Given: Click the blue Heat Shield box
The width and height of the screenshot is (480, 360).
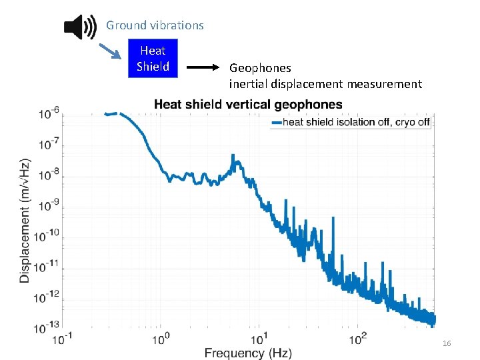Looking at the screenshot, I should click(x=153, y=59).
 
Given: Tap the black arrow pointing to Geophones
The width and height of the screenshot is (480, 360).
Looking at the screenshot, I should click(x=203, y=67).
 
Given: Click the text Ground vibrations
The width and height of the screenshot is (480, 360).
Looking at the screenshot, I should click(x=155, y=25).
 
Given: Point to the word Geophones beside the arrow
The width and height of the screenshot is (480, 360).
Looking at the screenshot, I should click(x=260, y=67).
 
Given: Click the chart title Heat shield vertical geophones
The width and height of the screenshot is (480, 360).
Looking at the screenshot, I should click(x=249, y=104).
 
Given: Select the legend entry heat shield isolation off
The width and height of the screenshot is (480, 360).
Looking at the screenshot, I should click(x=350, y=122).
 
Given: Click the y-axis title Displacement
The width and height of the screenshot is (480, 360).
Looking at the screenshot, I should click(x=25, y=220).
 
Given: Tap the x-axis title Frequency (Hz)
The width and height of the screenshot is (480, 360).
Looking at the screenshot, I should click(x=248, y=353).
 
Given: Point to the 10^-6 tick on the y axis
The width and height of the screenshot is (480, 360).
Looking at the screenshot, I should click(x=50, y=114).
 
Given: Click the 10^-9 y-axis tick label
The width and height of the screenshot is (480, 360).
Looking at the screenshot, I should click(x=50, y=205).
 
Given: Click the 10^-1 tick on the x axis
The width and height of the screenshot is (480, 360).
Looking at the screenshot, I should click(x=63, y=339).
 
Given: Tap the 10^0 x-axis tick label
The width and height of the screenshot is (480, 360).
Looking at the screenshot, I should click(x=161, y=339).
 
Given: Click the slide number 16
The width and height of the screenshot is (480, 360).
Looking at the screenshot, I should click(x=447, y=343).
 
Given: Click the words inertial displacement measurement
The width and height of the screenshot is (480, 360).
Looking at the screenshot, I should click(x=325, y=84).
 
